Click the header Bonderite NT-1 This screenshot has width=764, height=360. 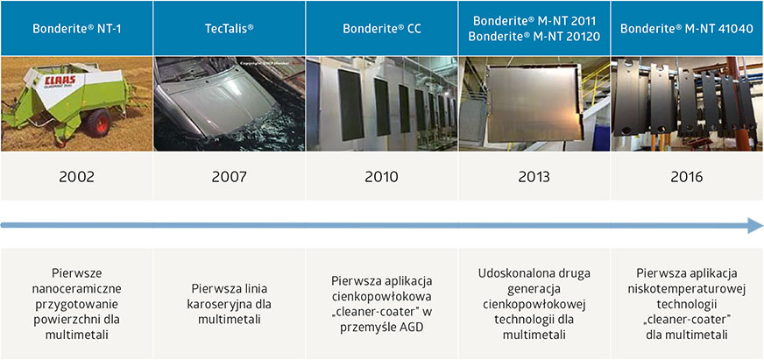point(77,28)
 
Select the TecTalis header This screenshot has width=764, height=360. point(229,28)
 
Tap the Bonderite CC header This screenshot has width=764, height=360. point(382,28)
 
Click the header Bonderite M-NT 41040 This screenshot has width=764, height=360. point(687,28)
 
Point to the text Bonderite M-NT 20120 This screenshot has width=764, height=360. point(534,36)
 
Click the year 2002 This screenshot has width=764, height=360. point(76,176)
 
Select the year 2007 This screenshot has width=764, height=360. point(229,176)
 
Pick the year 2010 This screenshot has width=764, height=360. point(381,176)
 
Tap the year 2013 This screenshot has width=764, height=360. point(534,176)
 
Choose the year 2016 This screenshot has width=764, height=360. point(687,176)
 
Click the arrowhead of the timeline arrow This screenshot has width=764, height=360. point(754,225)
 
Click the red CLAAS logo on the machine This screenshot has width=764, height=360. point(59,81)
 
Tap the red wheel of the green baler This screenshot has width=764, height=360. point(97,123)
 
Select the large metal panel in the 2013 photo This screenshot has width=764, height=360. point(534,103)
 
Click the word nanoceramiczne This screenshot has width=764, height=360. point(76,289)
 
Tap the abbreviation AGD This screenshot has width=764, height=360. point(411,328)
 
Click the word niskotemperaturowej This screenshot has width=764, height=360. point(687,289)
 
